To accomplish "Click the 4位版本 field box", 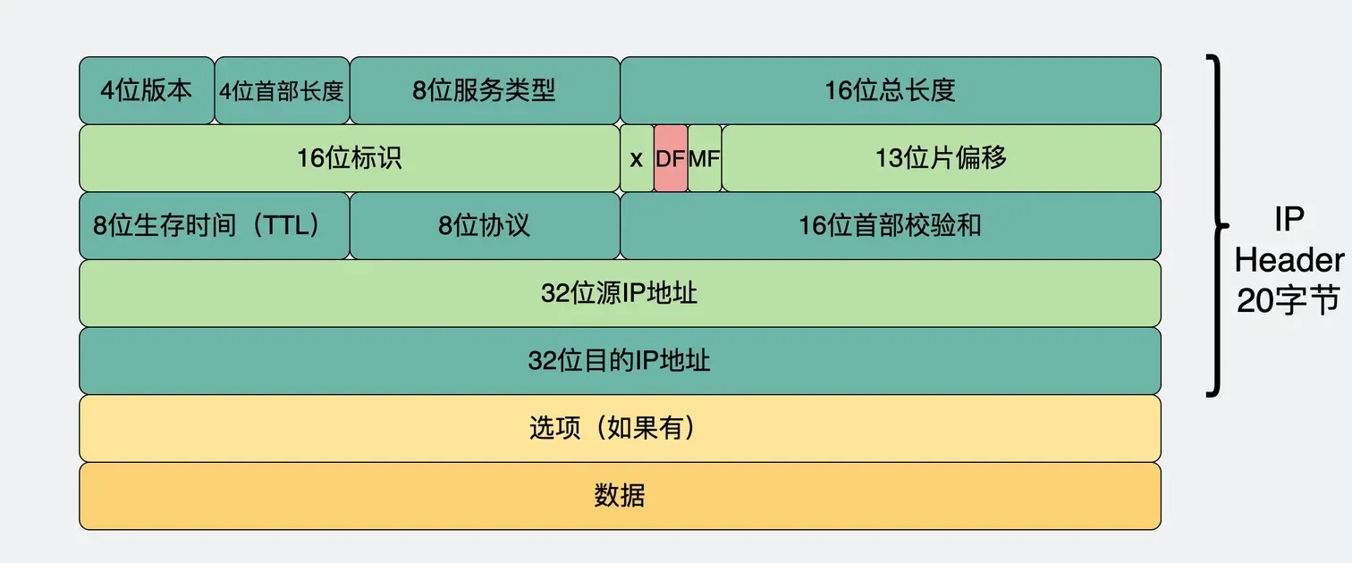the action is tap(147, 90).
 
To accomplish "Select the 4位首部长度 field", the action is tap(282, 90).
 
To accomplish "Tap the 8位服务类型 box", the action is tap(485, 90).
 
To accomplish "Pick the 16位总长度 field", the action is tap(891, 90).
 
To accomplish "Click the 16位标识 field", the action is tap(350, 158).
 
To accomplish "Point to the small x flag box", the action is tap(637, 158).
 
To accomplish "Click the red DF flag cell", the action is tap(671, 158).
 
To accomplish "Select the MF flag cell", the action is tap(705, 158).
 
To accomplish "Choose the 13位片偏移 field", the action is tap(941, 158).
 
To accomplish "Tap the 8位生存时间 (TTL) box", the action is tap(215, 226).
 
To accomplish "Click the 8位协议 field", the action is tap(485, 226).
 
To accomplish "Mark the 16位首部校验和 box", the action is tap(891, 226).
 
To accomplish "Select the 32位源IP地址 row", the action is tap(620, 293).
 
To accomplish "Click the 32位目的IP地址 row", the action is tap(620, 361).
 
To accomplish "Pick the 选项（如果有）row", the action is tap(620, 428).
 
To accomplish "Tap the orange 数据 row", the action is tap(620, 496).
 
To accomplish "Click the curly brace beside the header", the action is tap(1219, 226).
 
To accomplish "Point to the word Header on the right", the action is tap(1289, 260).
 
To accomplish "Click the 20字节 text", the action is tap(1288, 300).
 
